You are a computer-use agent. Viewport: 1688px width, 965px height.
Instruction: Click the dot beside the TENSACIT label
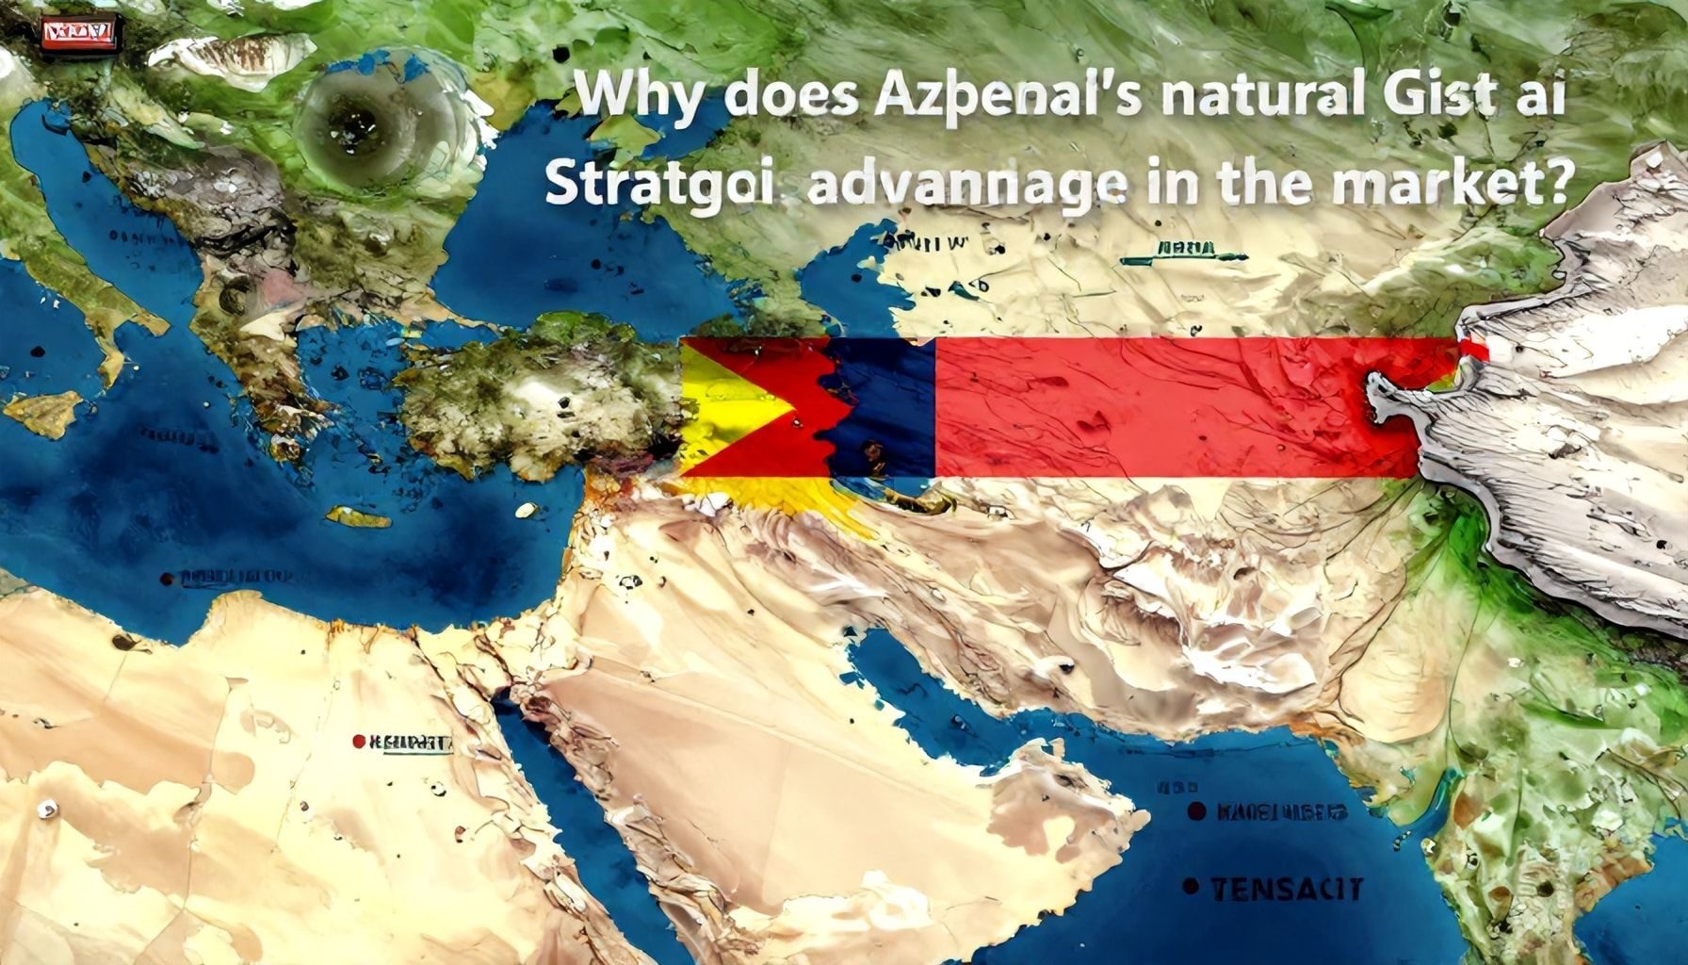pyautogui.click(x=1193, y=886)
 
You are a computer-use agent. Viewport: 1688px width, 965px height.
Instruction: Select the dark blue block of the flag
pyautogui.click(x=885, y=405)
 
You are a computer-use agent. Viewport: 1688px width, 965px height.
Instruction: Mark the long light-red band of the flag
pyautogui.click(x=1168, y=405)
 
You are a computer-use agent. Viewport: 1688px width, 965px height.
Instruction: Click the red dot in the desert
pyautogui.click(x=358, y=742)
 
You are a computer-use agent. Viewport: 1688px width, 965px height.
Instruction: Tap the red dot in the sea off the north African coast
pyautogui.click(x=168, y=577)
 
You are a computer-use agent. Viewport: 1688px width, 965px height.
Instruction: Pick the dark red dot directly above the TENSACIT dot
pyautogui.click(x=1196, y=810)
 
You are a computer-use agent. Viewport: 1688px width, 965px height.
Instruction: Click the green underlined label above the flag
pyautogui.click(x=1184, y=251)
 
